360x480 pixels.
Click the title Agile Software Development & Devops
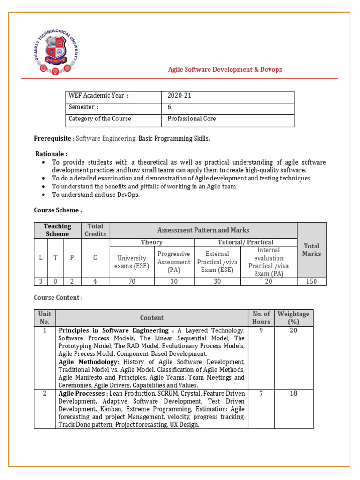(x=225, y=70)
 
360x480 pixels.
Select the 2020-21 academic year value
(x=180, y=96)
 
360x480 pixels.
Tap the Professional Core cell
(x=192, y=119)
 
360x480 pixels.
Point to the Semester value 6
(x=170, y=107)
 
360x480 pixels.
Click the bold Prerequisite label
(x=54, y=139)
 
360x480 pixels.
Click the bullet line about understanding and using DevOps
(x=96, y=195)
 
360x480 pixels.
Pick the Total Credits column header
(x=95, y=230)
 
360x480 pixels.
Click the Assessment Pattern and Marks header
(x=203, y=230)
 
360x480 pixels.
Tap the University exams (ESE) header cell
(x=132, y=262)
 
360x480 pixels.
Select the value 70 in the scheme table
(x=132, y=282)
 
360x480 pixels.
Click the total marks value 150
(x=311, y=282)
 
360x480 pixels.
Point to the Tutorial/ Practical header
(x=245, y=242)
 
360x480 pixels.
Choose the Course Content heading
(x=58, y=298)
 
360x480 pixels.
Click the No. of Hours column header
(x=261, y=318)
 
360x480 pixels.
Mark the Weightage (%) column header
(x=293, y=318)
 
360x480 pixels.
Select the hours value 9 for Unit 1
(x=261, y=330)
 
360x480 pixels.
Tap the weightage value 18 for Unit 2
(x=293, y=393)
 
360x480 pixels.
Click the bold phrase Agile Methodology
(x=89, y=362)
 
